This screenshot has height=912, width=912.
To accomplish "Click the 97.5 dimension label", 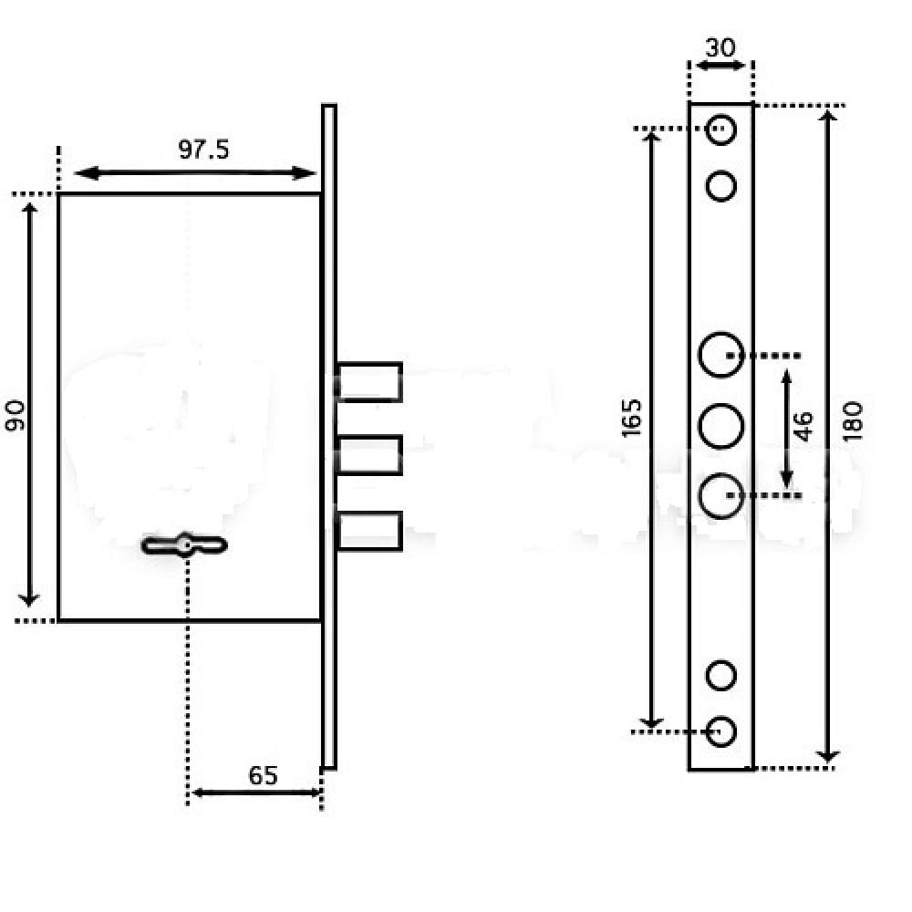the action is point(203,150).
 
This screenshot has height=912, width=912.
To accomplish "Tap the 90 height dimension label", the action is point(16,415).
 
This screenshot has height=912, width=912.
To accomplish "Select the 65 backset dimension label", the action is point(263,775).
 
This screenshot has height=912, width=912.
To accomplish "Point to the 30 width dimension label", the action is point(720,47).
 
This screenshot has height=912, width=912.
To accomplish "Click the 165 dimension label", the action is point(631,418).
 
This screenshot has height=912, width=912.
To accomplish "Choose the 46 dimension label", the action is point(803,426).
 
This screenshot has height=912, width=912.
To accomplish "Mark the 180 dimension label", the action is point(853,420).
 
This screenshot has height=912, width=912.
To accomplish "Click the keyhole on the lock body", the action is point(184,545).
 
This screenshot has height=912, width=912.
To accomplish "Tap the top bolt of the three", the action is point(369,382).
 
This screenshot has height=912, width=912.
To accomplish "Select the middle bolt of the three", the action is point(369,455).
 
